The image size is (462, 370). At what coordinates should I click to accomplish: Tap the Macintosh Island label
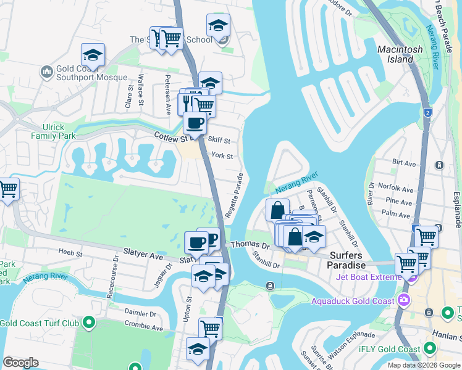tap(400, 54)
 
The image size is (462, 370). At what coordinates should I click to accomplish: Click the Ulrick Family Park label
tap(48, 131)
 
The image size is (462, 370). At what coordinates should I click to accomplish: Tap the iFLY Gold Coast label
tap(389, 349)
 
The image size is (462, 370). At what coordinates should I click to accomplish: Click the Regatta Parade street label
tap(239, 195)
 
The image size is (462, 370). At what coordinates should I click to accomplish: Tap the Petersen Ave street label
tap(167, 95)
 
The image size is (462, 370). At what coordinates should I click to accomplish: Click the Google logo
tap(20, 363)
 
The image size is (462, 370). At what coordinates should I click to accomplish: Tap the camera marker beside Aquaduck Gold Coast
tap(404, 301)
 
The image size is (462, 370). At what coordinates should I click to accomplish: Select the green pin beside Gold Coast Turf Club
tap(89, 323)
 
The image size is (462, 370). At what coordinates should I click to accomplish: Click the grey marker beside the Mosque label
tap(48, 73)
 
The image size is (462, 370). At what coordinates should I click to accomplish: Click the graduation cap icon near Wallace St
tap(93, 54)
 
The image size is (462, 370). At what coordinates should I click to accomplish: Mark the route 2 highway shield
tap(427, 112)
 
